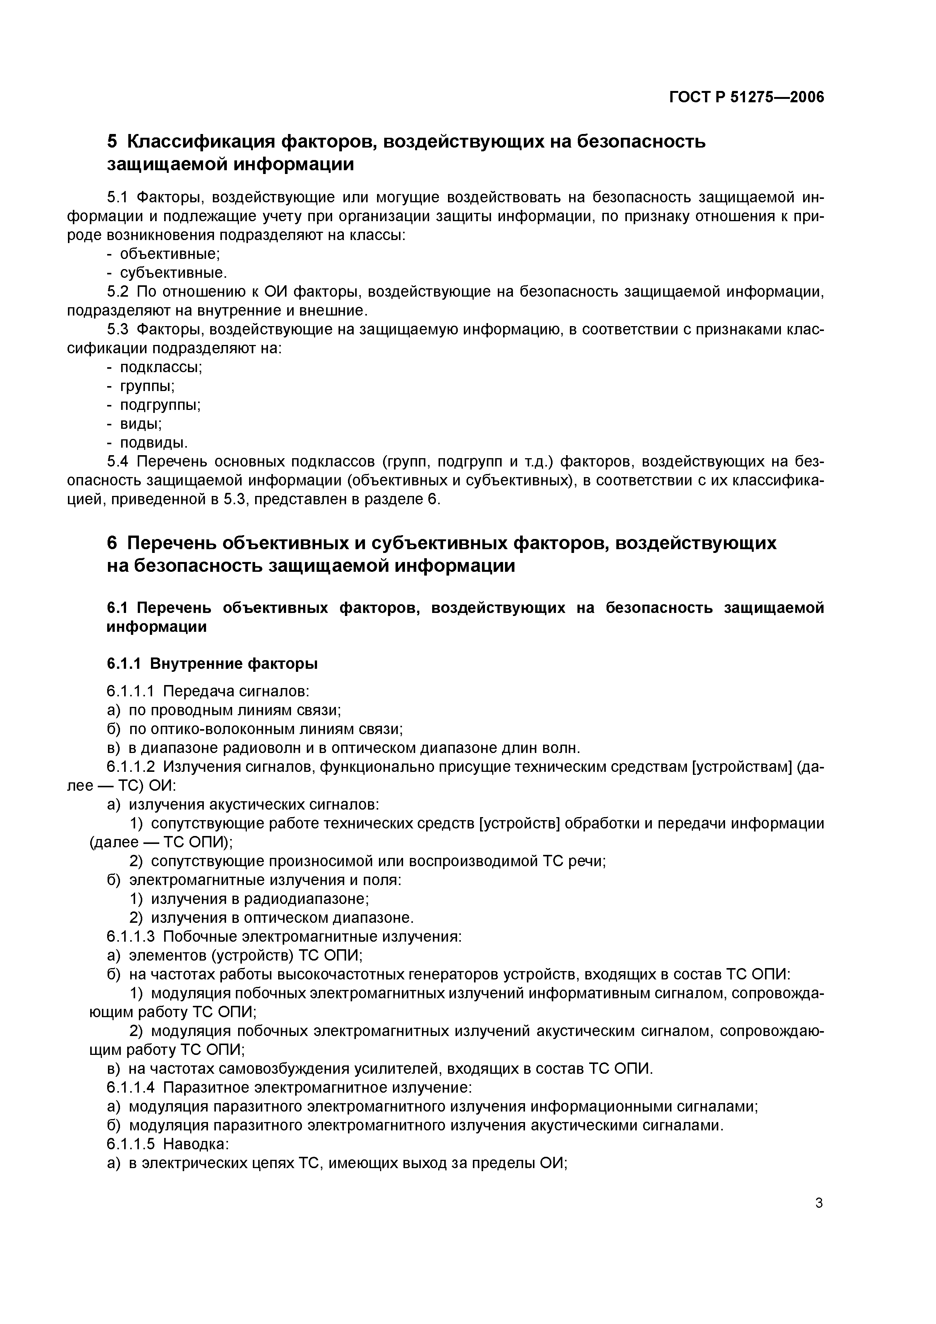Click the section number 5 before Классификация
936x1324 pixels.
coord(112,141)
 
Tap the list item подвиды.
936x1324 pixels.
coord(153,443)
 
